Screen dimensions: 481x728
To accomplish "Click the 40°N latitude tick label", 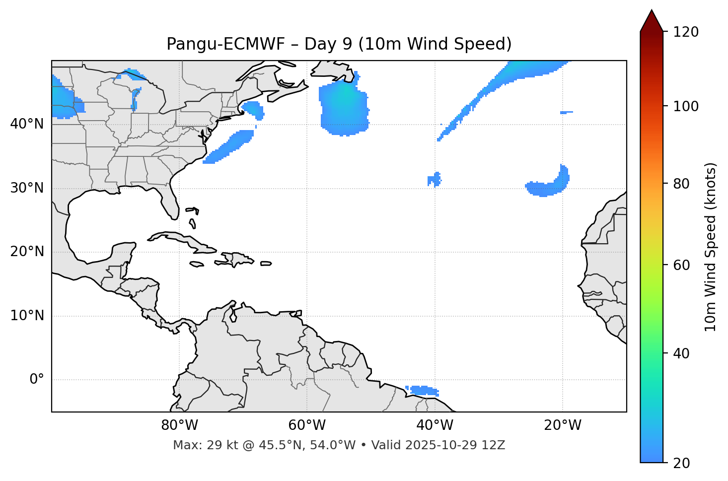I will point(27,124).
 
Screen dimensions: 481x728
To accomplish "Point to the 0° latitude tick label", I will point(37,380).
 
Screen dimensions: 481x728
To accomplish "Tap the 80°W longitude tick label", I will point(179,425).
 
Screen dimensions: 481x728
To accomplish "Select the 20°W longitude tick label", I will point(563,425).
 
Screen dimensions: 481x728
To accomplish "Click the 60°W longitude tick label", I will point(307,425).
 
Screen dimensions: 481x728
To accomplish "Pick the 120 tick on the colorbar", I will point(686,32).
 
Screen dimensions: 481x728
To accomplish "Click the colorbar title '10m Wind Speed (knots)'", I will point(711,247).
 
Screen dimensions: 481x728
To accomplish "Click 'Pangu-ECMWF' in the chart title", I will point(225,44).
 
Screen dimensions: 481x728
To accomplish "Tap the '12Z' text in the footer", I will point(495,445).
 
